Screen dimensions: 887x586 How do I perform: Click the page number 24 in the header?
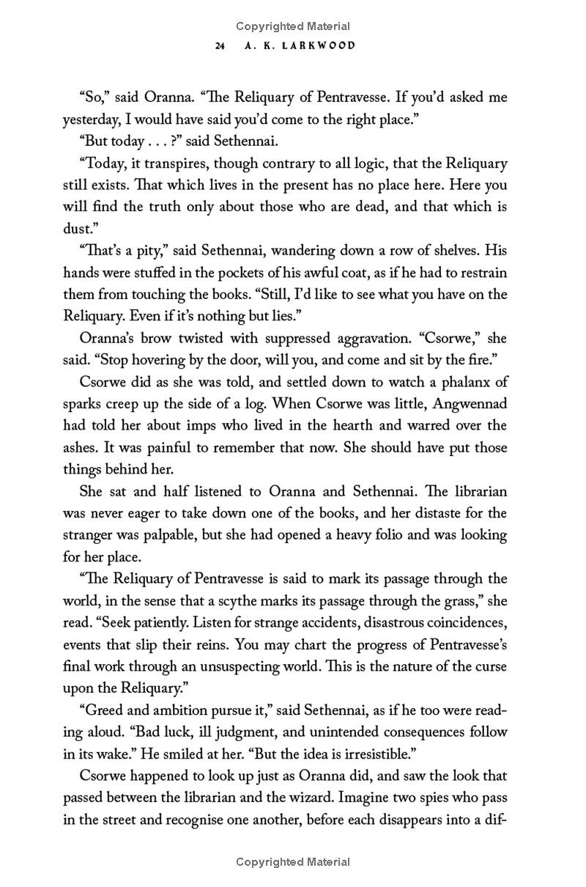pyautogui.click(x=220, y=45)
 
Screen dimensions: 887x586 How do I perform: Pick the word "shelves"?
pyautogui.click(x=452, y=251)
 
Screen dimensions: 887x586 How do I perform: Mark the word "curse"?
pyautogui.click(x=489, y=666)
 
